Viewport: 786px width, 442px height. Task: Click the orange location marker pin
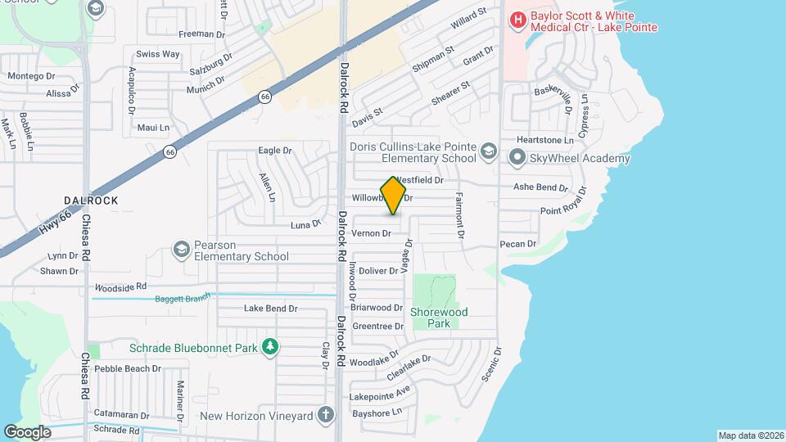[393, 196]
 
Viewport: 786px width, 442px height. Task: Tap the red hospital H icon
[517, 19]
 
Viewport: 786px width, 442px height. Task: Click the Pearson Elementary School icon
[181, 248]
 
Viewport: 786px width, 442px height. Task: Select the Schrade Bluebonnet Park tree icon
[269, 348]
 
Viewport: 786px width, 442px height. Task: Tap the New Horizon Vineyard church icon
[326, 416]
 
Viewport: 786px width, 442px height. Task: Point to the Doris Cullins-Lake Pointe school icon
[488, 151]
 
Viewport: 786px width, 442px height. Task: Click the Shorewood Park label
[439, 318]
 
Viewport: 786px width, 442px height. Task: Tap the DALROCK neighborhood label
[91, 201]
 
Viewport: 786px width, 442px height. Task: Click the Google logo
[27, 431]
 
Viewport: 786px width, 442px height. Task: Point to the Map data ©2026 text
[750, 435]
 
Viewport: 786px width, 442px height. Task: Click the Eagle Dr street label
[275, 151]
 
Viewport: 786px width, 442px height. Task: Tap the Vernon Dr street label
[371, 234]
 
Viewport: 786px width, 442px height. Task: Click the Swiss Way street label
[158, 54]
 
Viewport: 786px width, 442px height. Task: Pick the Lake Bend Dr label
[271, 309]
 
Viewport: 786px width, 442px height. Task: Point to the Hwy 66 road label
[55, 223]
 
